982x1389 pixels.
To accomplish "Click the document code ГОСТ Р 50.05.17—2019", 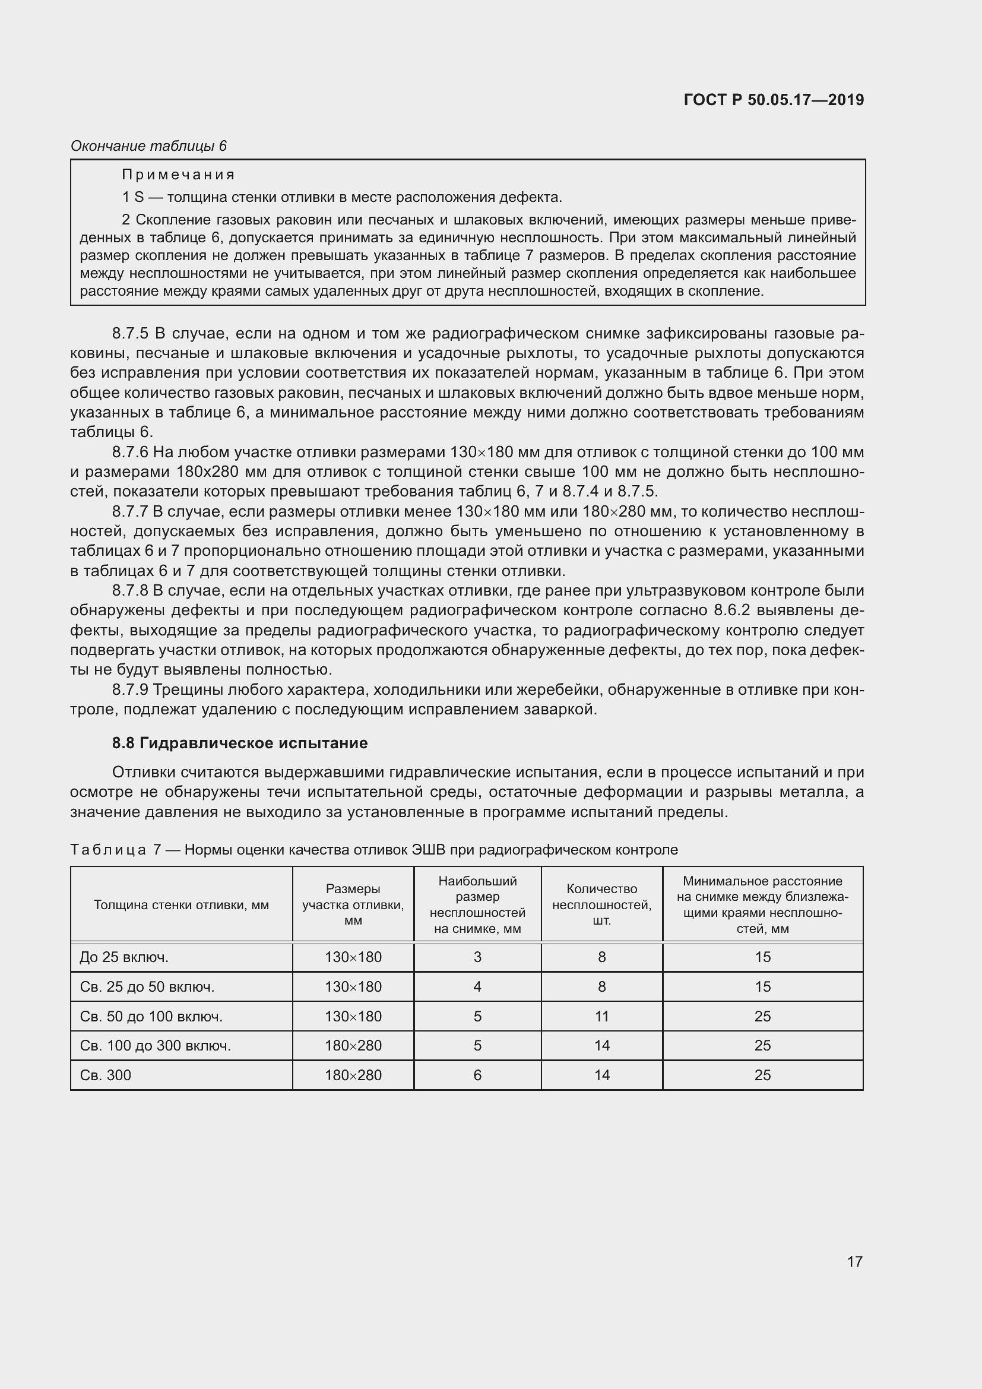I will click(774, 100).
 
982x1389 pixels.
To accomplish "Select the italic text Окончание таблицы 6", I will click(149, 146).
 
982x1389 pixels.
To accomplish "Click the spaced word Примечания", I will click(178, 175).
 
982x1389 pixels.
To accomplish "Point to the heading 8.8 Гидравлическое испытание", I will click(239, 743).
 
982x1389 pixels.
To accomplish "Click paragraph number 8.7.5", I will click(130, 333).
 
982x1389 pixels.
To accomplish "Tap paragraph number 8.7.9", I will click(130, 689).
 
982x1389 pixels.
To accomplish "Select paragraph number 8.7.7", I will click(130, 512).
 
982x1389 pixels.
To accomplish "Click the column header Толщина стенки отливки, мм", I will click(182, 904).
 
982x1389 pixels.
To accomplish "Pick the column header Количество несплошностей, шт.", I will click(601, 904).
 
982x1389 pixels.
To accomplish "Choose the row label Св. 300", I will click(106, 1075).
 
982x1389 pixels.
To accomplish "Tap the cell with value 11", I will click(601, 1016).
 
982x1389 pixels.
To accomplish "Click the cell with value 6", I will click(477, 1075).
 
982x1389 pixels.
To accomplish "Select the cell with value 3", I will click(477, 957).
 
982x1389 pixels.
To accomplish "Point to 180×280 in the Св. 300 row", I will click(353, 1075).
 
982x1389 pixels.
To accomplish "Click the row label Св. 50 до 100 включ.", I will click(151, 1016).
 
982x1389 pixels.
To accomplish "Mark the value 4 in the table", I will click(477, 987).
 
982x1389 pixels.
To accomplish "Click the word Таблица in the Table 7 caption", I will click(108, 850).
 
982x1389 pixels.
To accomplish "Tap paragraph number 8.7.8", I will click(130, 590).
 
